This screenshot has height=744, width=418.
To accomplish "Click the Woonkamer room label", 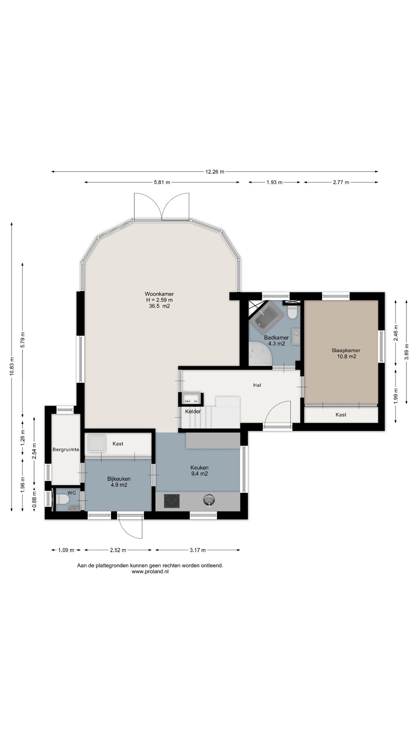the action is point(159,294).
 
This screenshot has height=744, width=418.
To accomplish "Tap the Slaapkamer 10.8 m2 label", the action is point(346,353).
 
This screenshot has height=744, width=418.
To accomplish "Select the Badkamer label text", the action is point(276,338).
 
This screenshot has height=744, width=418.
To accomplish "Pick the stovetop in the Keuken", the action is point(172,501).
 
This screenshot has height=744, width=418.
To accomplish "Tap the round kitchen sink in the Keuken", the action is point(209,500).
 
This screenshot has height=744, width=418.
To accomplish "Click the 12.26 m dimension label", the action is point(215,172).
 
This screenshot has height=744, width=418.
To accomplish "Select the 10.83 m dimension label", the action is point(12,367).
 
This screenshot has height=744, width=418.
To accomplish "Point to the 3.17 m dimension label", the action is point(197,550).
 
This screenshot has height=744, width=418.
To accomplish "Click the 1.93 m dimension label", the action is point(274,182).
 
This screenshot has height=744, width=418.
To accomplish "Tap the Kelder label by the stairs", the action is point(193,411).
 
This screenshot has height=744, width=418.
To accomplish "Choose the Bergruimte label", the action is point(66,449).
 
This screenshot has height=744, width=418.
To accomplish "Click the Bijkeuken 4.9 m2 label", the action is point(119,482).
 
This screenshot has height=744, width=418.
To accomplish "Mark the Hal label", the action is point(257,385).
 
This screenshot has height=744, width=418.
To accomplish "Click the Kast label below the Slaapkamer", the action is point(341,415).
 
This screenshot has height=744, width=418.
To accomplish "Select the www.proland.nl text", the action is point(150,571).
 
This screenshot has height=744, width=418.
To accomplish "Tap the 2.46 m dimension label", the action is point(396,332).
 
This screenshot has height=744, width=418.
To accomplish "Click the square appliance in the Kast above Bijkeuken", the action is point(97,443).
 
